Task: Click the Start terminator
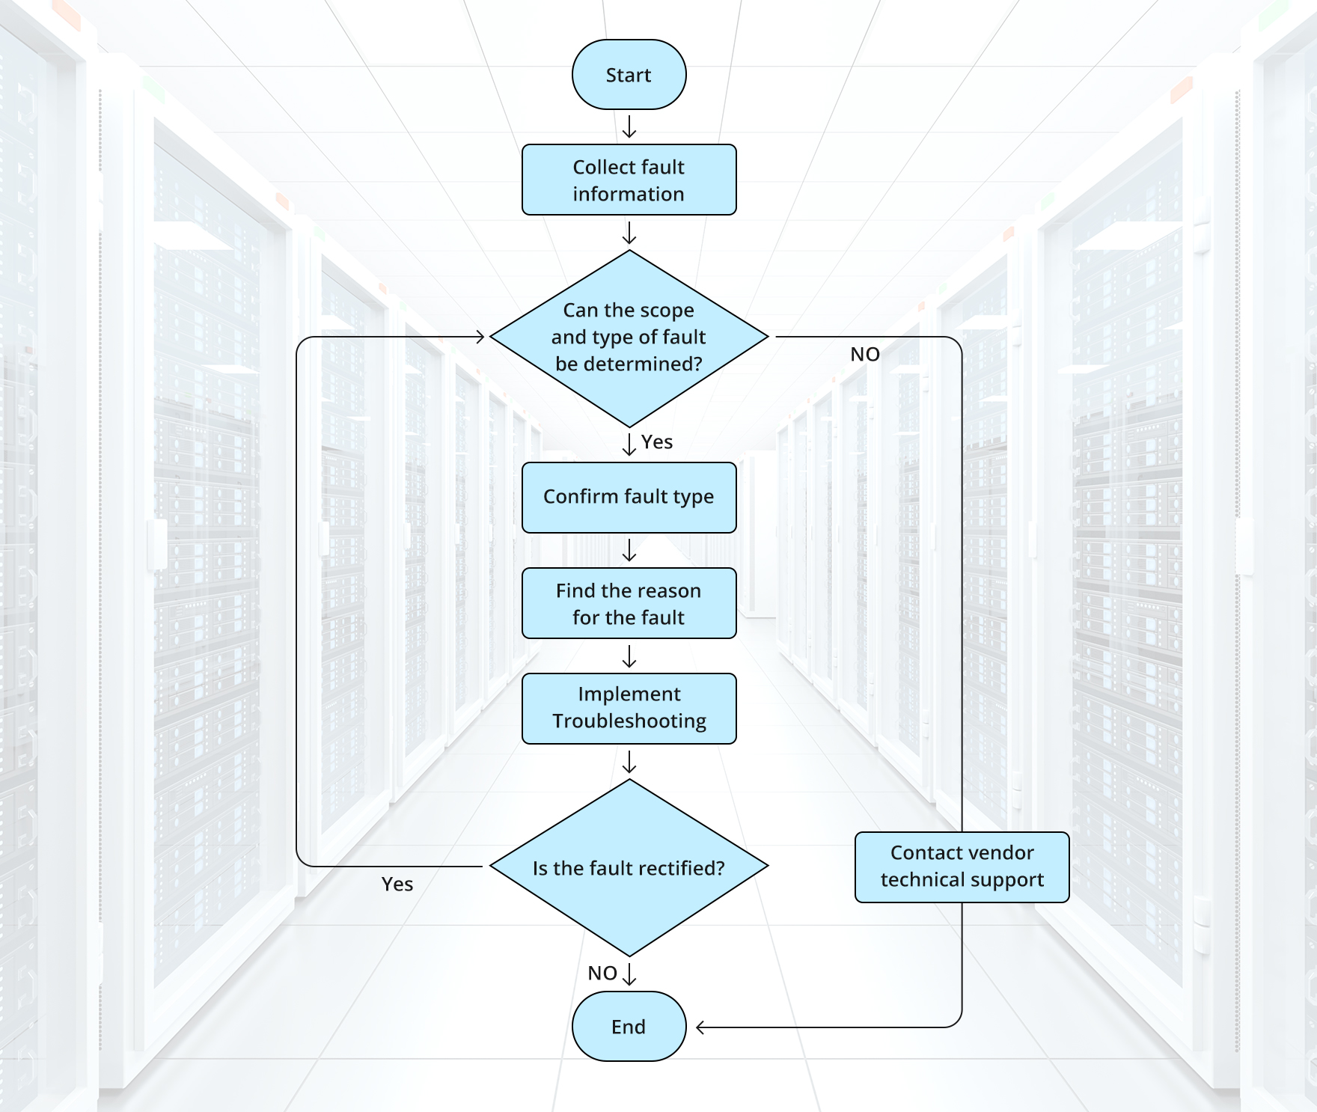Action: (x=629, y=75)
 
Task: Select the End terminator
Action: (x=629, y=1026)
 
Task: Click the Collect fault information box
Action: (x=629, y=180)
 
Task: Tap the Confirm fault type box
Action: (x=629, y=497)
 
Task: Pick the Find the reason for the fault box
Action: (x=629, y=603)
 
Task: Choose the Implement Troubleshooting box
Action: (x=629, y=708)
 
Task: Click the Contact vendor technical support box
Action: (x=962, y=867)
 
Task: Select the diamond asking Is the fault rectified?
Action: (x=629, y=867)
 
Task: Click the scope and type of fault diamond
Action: (x=629, y=337)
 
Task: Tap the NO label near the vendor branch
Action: (x=864, y=354)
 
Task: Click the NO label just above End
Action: (x=602, y=973)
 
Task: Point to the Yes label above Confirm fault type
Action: (x=656, y=442)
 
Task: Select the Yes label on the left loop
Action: (x=397, y=884)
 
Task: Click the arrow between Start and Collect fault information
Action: (x=629, y=126)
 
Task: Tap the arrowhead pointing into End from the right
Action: (x=700, y=1027)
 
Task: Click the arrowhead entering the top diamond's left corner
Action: (x=480, y=337)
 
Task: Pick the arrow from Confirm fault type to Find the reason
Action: (x=629, y=550)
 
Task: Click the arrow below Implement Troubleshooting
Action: (x=629, y=762)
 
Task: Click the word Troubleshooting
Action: (x=629, y=721)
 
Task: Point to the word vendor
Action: (x=999, y=852)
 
